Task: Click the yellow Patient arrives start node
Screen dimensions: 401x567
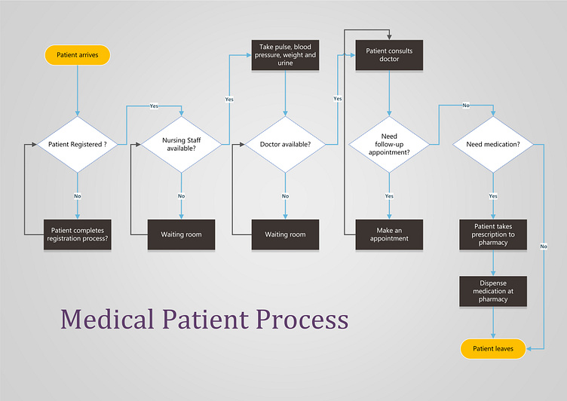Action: click(x=78, y=55)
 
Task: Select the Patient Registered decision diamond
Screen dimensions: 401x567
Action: click(x=78, y=144)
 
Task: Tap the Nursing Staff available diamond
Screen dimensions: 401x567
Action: click(x=181, y=144)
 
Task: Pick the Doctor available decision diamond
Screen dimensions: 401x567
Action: click(x=285, y=144)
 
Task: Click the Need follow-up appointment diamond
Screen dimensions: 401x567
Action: click(x=389, y=144)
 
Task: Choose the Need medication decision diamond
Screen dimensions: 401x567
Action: click(x=493, y=144)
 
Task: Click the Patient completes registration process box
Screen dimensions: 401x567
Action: click(x=78, y=234)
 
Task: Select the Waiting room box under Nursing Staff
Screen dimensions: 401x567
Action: click(x=181, y=234)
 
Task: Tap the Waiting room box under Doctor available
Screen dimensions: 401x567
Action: click(x=285, y=234)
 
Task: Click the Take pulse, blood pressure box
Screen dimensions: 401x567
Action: click(x=285, y=55)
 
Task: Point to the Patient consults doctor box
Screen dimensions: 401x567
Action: click(x=389, y=55)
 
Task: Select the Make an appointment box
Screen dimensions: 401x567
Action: click(x=389, y=234)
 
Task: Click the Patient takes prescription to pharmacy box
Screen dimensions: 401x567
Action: click(x=493, y=234)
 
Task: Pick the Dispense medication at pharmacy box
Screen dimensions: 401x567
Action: click(x=493, y=291)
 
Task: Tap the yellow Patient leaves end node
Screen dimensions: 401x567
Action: click(x=493, y=348)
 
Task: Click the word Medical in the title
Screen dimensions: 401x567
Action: click(x=108, y=319)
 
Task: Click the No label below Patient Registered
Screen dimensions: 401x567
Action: click(x=78, y=196)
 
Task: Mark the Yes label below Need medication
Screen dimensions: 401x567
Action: click(x=493, y=196)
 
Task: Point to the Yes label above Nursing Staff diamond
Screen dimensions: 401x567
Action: click(x=154, y=106)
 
